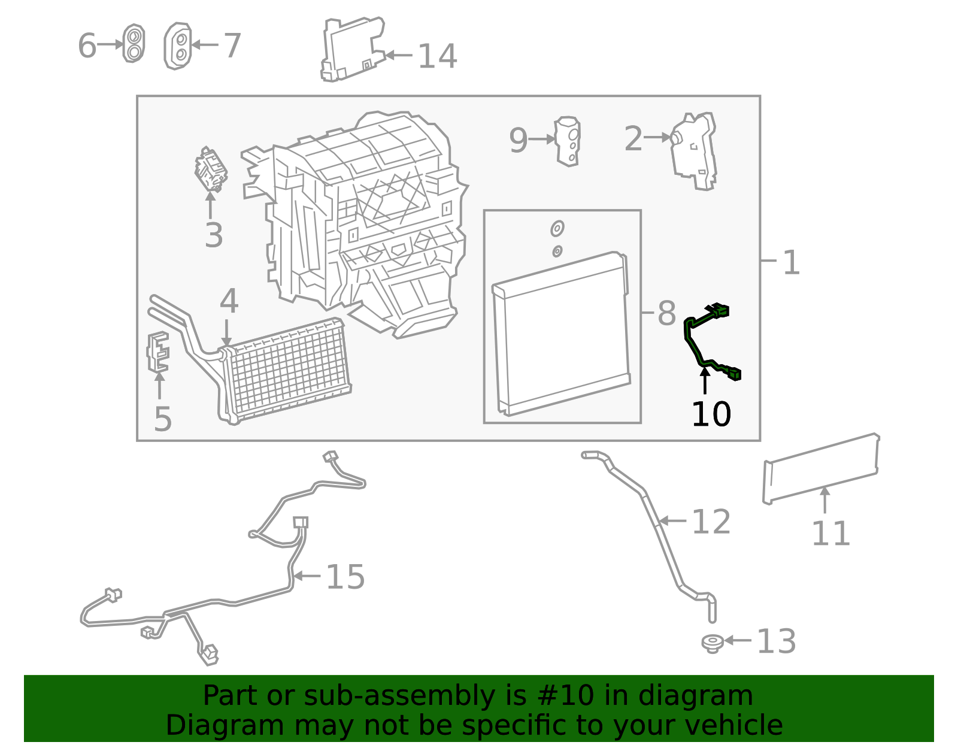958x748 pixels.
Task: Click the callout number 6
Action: click(87, 46)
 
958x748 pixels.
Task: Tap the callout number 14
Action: click(437, 56)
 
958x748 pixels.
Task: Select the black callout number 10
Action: click(711, 414)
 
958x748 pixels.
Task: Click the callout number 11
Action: click(830, 534)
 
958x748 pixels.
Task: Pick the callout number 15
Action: click(345, 577)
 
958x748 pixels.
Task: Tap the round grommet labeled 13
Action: click(712, 644)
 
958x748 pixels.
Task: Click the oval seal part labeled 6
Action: click(134, 43)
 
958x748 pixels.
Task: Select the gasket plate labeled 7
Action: click(178, 46)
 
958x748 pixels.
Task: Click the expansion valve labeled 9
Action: click(568, 141)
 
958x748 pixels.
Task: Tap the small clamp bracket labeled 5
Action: click(158, 352)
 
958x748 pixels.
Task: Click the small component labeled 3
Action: click(211, 169)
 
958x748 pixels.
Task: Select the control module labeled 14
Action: click(353, 49)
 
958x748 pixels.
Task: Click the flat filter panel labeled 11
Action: click(821, 469)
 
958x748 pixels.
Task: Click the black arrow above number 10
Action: click(705, 380)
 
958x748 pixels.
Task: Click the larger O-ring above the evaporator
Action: click(557, 229)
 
